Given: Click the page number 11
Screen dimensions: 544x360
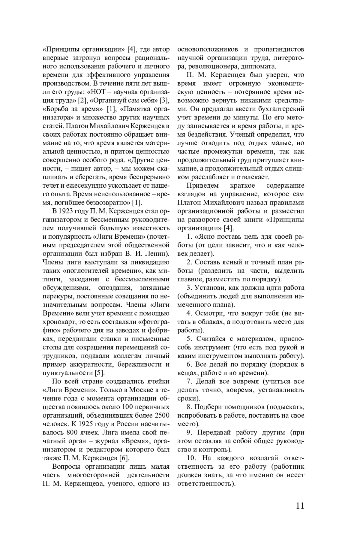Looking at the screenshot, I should tap(300, 506).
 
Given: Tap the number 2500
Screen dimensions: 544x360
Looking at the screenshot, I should tap(162, 416).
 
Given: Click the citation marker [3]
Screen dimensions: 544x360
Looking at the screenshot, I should tap(165, 100).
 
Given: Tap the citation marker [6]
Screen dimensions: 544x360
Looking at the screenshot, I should tap(124, 458).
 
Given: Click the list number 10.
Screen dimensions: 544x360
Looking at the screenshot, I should tap(192, 458).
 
